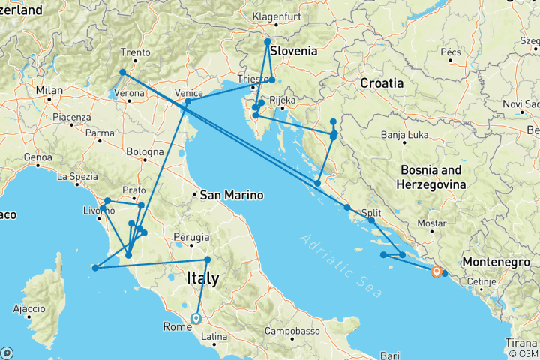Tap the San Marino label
pyautogui.click(x=232, y=196)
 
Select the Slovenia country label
pyautogui.click(x=293, y=52)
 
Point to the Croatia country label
pyautogui.click(x=382, y=82)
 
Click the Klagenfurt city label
pyautogui.click(x=277, y=16)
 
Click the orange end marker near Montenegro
pyautogui.click(x=436, y=271)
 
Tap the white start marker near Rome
pyautogui.click(x=196, y=317)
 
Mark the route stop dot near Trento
pyautogui.click(x=122, y=72)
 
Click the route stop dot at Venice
pyautogui.click(x=187, y=101)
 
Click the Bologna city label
pyautogui.click(x=145, y=152)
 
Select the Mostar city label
pyautogui.click(x=432, y=223)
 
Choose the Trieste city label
pyautogui.click(x=249, y=79)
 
